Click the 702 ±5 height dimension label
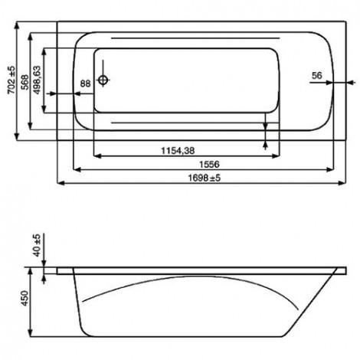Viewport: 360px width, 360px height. (x=11, y=80)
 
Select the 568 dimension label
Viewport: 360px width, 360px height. (x=25, y=82)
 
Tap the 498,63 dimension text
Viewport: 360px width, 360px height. (x=37, y=80)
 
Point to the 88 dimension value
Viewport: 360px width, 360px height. (x=85, y=83)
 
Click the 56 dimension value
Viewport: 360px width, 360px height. (x=317, y=76)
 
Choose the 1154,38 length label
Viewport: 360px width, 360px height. (x=178, y=151)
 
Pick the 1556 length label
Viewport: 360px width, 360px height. (x=209, y=164)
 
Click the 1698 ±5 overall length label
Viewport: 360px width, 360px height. (x=205, y=178)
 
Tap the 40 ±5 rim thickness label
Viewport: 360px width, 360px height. (x=38, y=245)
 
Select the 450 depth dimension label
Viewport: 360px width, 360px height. (x=25, y=298)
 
